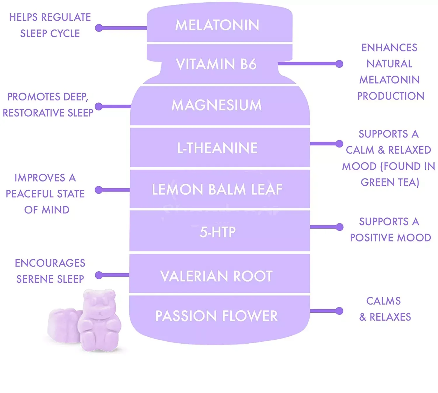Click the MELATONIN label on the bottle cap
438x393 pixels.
click(x=217, y=25)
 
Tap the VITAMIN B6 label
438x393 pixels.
click(x=216, y=64)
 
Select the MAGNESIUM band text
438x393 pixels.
click(x=216, y=105)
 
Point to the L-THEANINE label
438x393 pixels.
click(x=217, y=148)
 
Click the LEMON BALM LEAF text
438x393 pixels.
click(x=217, y=189)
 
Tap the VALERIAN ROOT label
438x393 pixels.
click(x=216, y=276)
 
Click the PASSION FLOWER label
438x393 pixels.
click(x=216, y=316)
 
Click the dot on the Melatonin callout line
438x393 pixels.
click(x=99, y=28)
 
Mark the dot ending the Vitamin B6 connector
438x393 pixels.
click(x=339, y=64)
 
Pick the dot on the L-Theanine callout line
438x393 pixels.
click(x=339, y=144)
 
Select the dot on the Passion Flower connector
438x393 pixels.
click(x=339, y=311)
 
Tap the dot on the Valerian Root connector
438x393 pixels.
click(x=99, y=275)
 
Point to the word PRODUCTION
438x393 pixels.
click(x=391, y=96)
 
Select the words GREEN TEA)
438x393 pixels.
click(x=390, y=182)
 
